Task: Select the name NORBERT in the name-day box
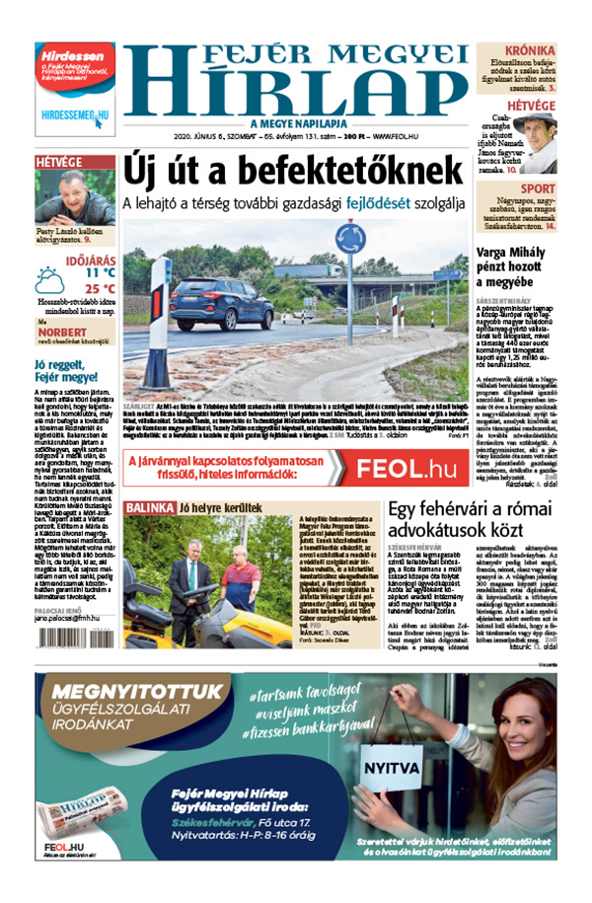pyautogui.click(x=62, y=333)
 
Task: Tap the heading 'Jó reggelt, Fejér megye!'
pyautogui.click(x=59, y=371)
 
